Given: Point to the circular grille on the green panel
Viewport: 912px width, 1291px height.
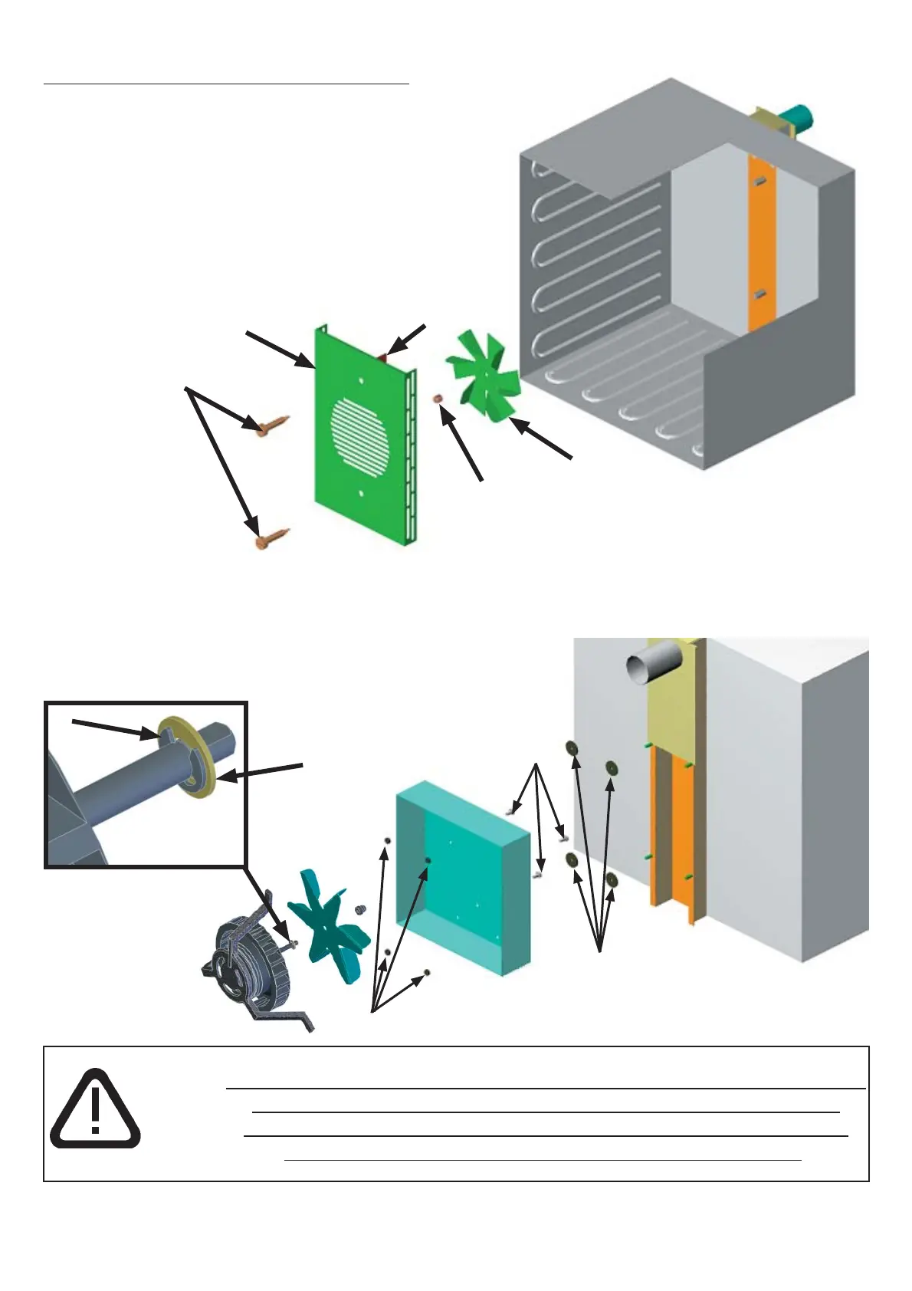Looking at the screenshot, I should pyautogui.click(x=360, y=434).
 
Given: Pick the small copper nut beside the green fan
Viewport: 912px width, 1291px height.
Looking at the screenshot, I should pyautogui.click(x=438, y=399).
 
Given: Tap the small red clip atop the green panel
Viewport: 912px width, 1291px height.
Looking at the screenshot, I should pyautogui.click(x=384, y=356).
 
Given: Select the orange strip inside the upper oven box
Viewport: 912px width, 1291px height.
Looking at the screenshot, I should pyautogui.click(x=761, y=245).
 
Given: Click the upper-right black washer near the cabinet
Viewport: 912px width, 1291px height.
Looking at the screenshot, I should pyautogui.click(x=612, y=767).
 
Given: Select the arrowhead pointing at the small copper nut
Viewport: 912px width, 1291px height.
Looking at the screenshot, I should pyautogui.click(x=444, y=415).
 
